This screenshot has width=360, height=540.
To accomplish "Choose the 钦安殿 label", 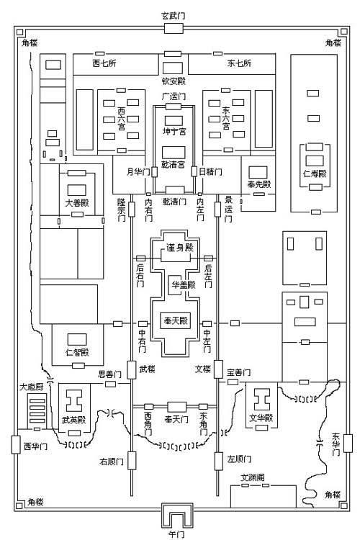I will click(174, 81).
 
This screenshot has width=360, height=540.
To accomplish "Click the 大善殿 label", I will click(76, 203).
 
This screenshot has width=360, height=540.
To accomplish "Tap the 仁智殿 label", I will click(74, 352).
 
